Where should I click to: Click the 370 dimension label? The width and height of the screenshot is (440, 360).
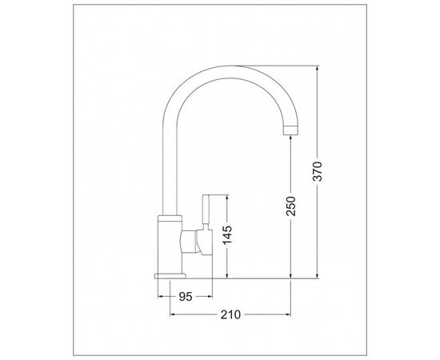[318, 171]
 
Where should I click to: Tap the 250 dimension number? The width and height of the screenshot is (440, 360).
[290, 206]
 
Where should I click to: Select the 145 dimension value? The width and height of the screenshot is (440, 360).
[227, 235]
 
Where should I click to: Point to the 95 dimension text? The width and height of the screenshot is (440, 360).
[186, 297]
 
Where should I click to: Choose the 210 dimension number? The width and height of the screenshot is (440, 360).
[230, 314]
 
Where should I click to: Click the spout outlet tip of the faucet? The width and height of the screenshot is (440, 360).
[290, 130]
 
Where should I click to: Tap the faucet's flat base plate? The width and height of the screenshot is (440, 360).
[170, 276]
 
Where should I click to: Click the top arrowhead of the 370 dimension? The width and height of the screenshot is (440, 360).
[318, 68]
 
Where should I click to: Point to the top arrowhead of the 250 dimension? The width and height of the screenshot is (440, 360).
[290, 138]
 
